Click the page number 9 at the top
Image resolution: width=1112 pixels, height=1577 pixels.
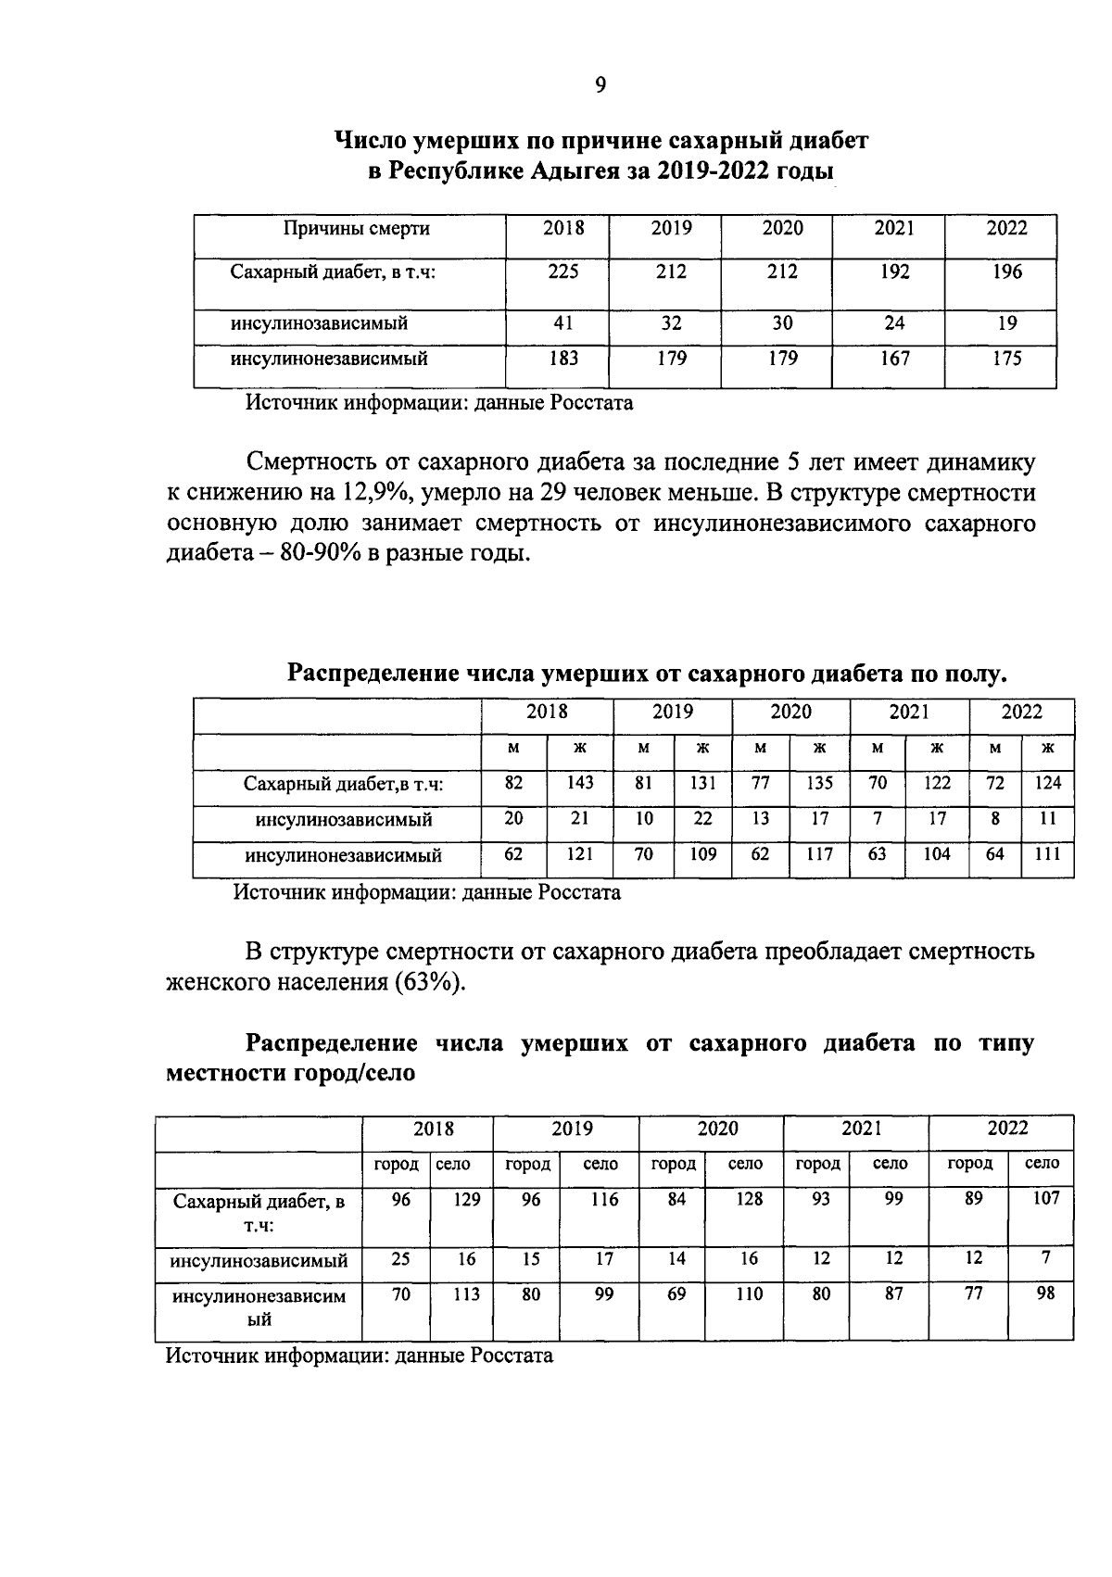point(600,85)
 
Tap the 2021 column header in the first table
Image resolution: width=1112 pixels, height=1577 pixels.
point(894,229)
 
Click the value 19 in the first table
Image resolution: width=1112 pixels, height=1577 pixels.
point(1006,324)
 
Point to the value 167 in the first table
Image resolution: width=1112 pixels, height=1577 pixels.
point(894,359)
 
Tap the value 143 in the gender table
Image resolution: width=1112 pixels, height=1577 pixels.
point(579,784)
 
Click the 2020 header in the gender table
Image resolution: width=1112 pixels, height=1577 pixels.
point(790,713)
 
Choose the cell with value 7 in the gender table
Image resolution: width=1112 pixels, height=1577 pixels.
point(877,819)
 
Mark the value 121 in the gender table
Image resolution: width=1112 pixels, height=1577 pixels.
point(579,854)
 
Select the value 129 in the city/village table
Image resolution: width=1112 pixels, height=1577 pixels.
point(466,1200)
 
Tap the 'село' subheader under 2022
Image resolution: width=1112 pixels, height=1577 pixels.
point(1042,1164)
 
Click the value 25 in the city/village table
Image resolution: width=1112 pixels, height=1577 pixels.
point(400,1259)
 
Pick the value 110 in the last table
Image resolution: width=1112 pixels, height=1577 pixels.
point(749,1294)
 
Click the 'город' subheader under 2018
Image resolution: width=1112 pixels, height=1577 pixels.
point(397,1164)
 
